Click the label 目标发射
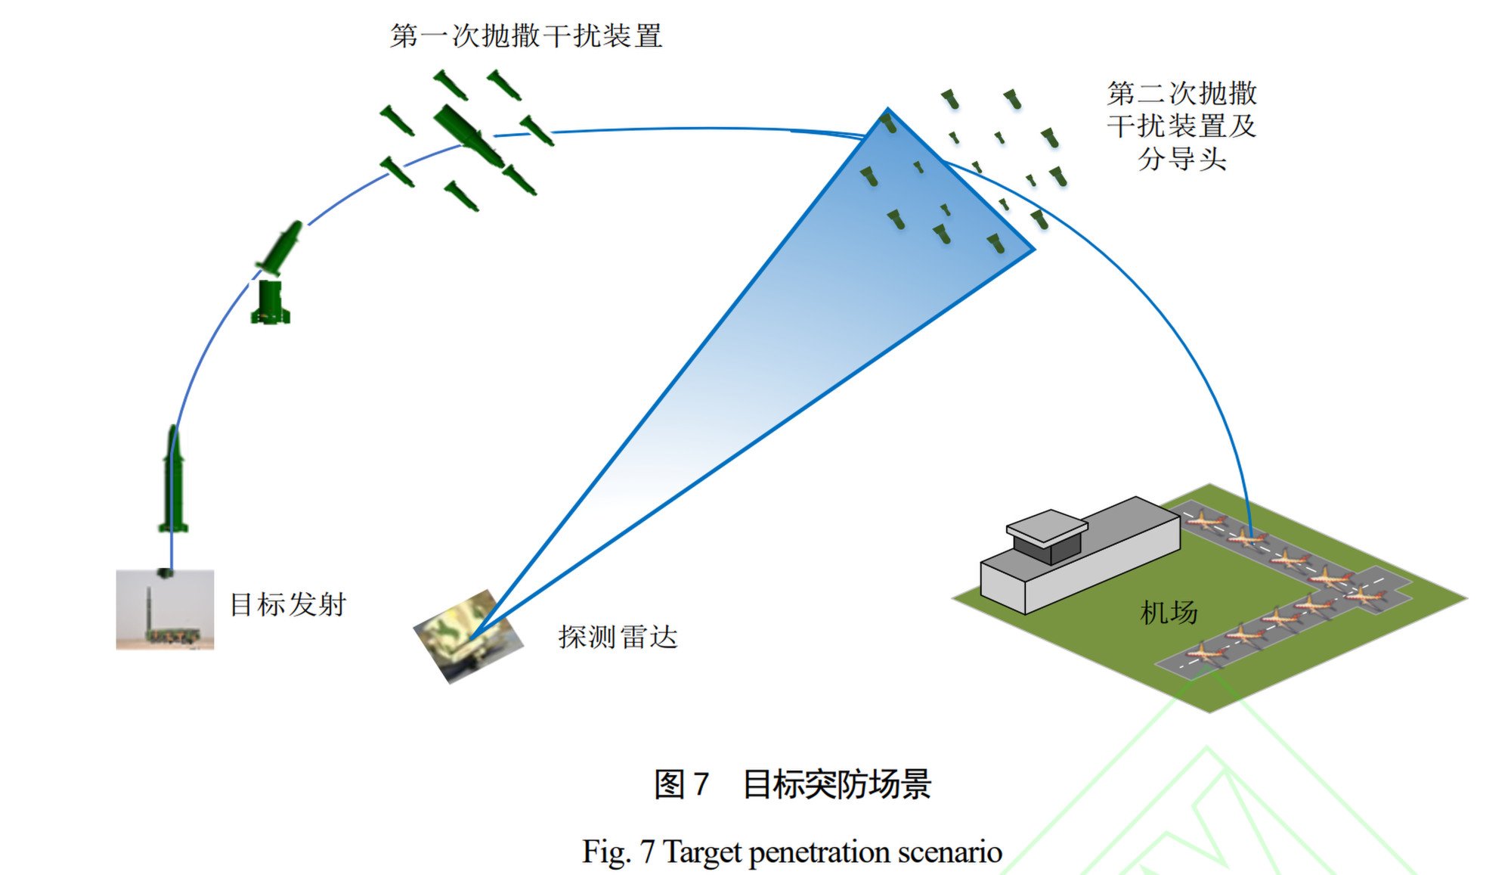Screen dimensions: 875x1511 288,605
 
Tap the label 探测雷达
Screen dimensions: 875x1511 618,638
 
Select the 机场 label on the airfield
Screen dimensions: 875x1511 1169,613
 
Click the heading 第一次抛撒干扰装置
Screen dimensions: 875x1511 526,36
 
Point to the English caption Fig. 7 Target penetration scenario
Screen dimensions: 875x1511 792,852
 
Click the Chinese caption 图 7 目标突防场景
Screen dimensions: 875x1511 792,784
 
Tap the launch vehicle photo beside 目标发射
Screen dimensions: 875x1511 165,610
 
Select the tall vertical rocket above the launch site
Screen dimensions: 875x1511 173,480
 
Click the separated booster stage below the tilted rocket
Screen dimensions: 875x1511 270,303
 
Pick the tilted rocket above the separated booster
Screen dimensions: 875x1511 282,247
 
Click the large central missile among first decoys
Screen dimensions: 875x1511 469,136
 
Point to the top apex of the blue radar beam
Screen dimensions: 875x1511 887,110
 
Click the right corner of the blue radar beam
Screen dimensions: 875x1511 1033,249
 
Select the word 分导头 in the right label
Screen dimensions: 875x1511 1181,159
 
